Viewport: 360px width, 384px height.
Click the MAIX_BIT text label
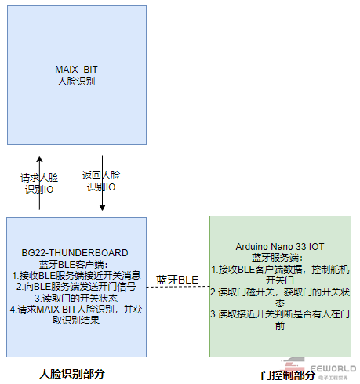pyautogui.click(x=76, y=70)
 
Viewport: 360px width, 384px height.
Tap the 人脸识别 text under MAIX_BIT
pyautogui.click(x=76, y=82)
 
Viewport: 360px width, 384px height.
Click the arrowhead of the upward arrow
pyautogui.click(x=39, y=158)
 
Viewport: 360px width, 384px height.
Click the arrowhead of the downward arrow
pyautogui.click(x=102, y=208)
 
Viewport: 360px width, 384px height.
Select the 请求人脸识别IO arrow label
pyautogui.click(x=39, y=183)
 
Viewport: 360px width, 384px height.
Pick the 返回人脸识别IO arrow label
pyautogui.click(x=101, y=181)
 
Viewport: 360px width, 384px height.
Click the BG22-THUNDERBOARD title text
pyautogui.click(x=75, y=253)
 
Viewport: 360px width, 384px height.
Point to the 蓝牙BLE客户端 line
pyautogui.click(x=74, y=265)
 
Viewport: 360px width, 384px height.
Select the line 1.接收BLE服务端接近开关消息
pyautogui.click(x=76, y=276)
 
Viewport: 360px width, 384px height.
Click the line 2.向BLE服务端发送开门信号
pyautogui.click(x=76, y=287)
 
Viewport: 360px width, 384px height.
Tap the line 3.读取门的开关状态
pyautogui.click(x=76, y=298)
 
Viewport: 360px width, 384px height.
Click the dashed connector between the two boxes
pyautogui.click(x=178, y=287)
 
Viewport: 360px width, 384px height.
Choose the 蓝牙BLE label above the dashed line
pyautogui.click(x=177, y=280)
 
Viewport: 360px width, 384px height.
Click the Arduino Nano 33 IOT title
pyautogui.click(x=280, y=247)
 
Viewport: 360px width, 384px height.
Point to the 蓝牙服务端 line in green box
pyautogui.click(x=278, y=258)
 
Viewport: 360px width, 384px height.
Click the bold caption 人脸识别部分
pyautogui.click(x=72, y=374)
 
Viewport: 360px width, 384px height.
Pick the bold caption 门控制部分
pyautogui.click(x=288, y=375)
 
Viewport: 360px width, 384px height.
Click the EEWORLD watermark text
pyautogui.click(x=333, y=368)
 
